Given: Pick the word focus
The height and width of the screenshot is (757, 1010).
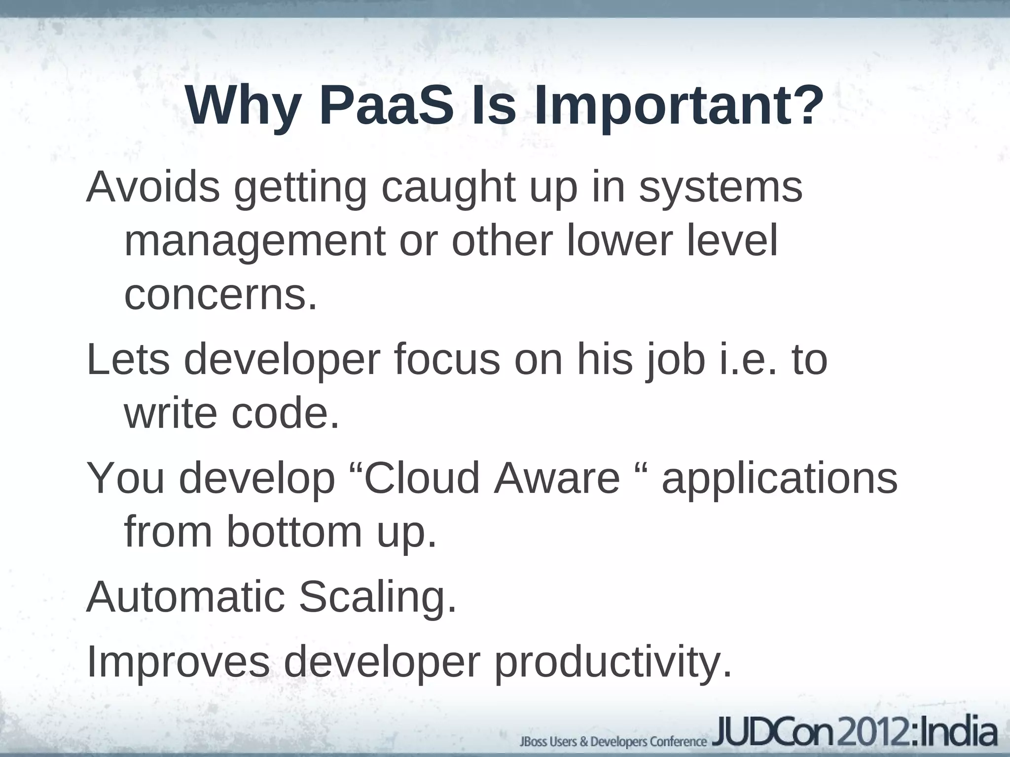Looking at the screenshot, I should coord(447,360).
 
